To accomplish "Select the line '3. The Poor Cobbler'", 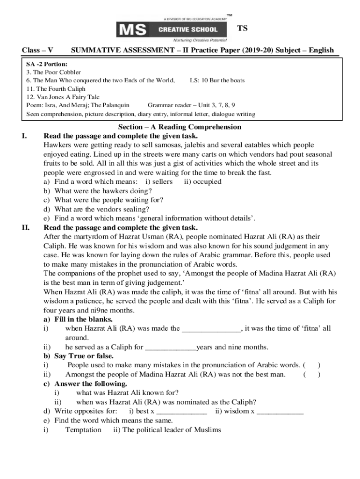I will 54,72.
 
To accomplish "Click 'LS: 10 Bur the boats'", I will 217,80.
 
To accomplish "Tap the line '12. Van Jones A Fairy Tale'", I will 63,97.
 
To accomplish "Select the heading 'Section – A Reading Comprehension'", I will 180,127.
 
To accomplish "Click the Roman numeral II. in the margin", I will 26,228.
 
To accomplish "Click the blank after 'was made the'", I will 211,328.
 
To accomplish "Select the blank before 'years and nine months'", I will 171,347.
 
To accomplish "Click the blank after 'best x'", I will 181,411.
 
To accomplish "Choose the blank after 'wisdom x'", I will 280,411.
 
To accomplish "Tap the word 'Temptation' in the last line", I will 83,429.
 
